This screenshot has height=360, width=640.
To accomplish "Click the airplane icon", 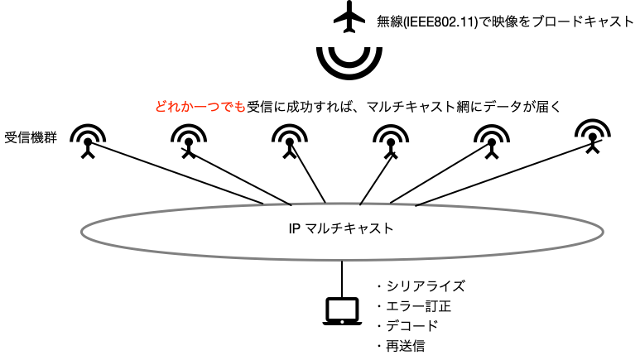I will pyautogui.click(x=349, y=19).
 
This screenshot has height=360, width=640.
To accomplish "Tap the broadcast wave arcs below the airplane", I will pyautogui.click(x=349, y=61).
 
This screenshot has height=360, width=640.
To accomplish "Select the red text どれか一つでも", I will pyautogui.click(x=200, y=106).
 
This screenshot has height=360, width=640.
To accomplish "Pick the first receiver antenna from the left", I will pyautogui.click(x=86, y=141).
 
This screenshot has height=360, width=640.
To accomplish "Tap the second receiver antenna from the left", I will pyautogui.click(x=190, y=141).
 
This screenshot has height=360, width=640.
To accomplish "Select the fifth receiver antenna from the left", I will pyautogui.click(x=492, y=141).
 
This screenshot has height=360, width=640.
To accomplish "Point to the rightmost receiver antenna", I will pyautogui.click(x=593, y=137).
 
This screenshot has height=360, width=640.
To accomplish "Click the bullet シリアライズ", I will pyautogui.click(x=420, y=286).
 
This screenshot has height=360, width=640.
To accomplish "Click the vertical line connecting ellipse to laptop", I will pyautogui.click(x=341, y=278).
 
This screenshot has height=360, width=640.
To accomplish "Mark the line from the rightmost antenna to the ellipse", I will pyautogui.click(x=505, y=177).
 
